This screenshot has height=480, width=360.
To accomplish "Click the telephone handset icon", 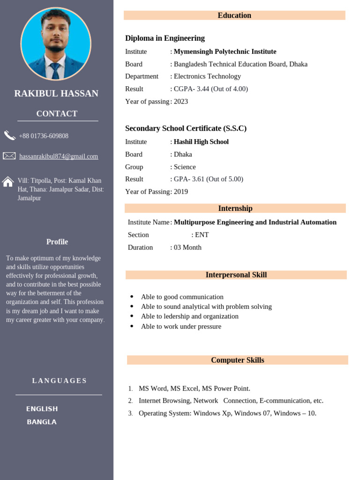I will point(9,135).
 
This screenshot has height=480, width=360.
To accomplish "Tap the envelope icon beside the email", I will point(9,156).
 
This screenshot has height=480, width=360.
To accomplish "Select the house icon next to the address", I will point(8,182).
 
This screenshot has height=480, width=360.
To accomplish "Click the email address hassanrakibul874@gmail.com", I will point(59,156).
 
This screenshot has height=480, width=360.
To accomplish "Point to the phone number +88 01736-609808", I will point(44,136).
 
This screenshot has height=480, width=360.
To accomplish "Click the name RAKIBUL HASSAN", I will point(56,93).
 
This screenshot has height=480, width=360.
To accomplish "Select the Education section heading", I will point(234,15).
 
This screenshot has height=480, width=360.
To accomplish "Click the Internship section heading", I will point(235,209).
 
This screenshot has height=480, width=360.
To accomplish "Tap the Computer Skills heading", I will point(238,360).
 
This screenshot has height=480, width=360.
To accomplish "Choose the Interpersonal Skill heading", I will point(236,275).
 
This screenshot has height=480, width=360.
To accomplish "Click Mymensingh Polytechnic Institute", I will point(225,52).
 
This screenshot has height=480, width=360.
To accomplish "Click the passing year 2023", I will point(181,101).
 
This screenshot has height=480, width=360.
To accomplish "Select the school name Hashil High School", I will point(201,142).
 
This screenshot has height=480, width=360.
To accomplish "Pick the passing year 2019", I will point(181,191).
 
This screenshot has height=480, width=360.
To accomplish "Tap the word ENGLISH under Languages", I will point(42,409).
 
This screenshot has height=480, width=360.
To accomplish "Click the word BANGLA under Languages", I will point(42,422).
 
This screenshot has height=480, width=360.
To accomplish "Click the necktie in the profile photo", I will point(56,70).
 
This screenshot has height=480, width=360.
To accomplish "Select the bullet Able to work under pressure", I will point(181,326).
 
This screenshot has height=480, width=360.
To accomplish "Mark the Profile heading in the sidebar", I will point(57,242).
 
